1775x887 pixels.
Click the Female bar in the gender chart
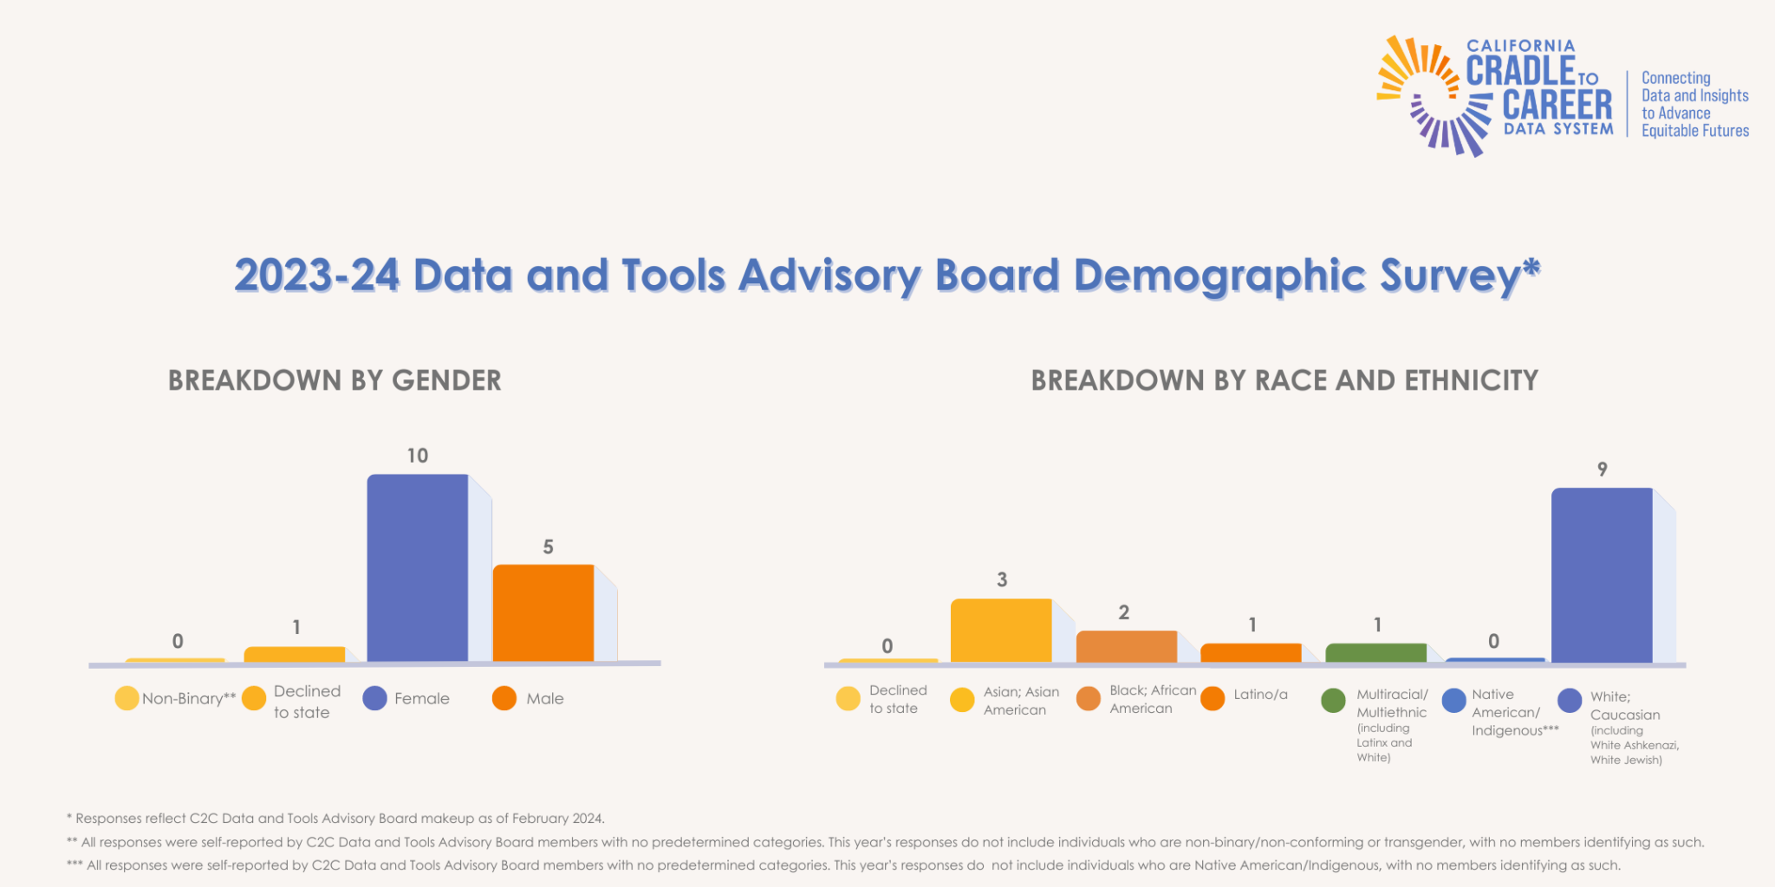pyautogui.click(x=418, y=567)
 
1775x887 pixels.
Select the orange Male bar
pyautogui.click(x=543, y=612)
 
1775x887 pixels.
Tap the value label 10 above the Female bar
pyautogui.click(x=418, y=456)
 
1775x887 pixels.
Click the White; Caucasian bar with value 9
pyautogui.click(x=1602, y=575)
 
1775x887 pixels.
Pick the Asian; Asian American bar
pyautogui.click(x=1001, y=630)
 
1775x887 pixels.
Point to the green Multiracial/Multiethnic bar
pyautogui.click(x=1375, y=653)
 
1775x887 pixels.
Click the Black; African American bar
pyautogui.click(x=1126, y=646)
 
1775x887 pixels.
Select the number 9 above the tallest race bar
pyautogui.click(x=1602, y=469)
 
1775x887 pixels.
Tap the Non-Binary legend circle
pyautogui.click(x=127, y=698)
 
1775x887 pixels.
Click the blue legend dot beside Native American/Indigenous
pyautogui.click(x=1453, y=701)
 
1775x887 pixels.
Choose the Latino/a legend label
pyautogui.click(x=1260, y=695)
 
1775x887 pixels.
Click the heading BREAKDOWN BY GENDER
pyautogui.click(x=335, y=380)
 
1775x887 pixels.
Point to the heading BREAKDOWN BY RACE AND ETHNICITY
pyautogui.click(x=1284, y=380)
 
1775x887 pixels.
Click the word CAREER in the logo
pyautogui.click(x=1557, y=105)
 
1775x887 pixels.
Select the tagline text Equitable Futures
pyautogui.click(x=1694, y=131)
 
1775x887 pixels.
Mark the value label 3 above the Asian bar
pyautogui.click(x=1002, y=579)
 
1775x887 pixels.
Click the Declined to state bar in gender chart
pyautogui.click(x=295, y=654)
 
